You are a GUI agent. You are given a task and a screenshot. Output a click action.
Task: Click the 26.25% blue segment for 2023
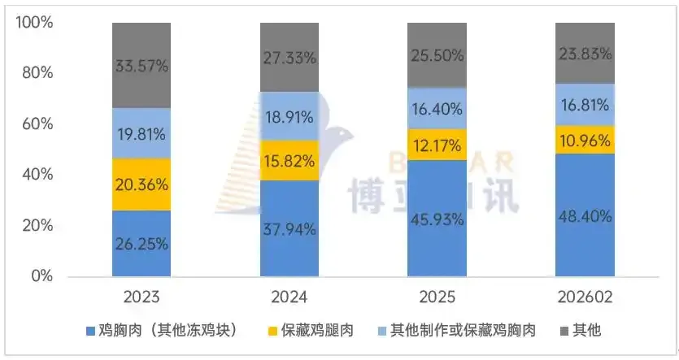pos(141,244)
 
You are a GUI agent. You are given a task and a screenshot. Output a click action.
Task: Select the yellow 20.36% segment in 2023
pos(141,184)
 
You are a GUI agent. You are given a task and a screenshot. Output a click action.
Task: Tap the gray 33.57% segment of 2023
pos(141,66)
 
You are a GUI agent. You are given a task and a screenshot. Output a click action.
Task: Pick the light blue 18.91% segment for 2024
pos(289,116)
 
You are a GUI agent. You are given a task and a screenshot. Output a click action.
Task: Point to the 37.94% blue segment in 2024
pos(289,228)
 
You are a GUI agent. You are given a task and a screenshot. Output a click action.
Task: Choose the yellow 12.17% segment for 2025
pos(437,145)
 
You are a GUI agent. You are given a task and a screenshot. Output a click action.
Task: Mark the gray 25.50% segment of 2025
pos(437,55)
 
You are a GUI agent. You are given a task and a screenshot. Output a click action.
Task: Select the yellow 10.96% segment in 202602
pos(584,139)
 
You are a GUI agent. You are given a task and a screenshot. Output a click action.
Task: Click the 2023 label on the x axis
pos(141,294)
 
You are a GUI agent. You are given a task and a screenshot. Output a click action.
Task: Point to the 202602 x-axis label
pos(584,294)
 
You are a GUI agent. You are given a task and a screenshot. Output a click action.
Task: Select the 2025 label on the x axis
pos(437,294)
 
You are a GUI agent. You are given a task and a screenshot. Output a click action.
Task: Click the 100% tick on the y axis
pos(35,23)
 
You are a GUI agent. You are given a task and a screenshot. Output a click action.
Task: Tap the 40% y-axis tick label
pos(37,176)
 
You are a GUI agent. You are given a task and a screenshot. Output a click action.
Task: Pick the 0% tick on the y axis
pos(41,277)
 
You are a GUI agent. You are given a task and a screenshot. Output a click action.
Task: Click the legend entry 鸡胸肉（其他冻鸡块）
pos(167,331)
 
